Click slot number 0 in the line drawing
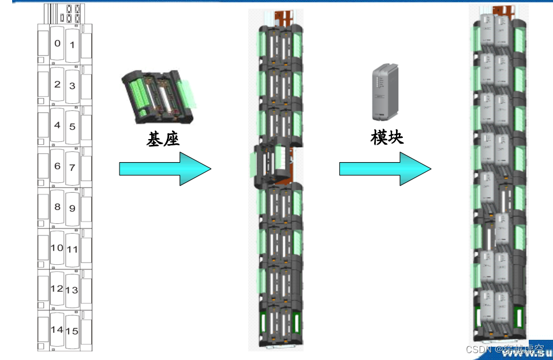(x=57, y=43)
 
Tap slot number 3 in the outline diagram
(x=72, y=86)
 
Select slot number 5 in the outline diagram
(x=72, y=126)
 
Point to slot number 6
(x=57, y=166)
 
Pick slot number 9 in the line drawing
(x=72, y=208)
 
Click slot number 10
(x=57, y=248)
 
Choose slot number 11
(x=72, y=250)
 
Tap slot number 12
(x=57, y=288)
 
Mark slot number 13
(x=72, y=290)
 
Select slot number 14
(x=57, y=329)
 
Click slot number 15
(x=72, y=331)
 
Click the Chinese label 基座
(x=163, y=138)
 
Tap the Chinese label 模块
(x=387, y=137)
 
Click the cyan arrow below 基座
(x=165, y=168)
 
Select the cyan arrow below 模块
(x=385, y=168)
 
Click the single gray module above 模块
(x=384, y=91)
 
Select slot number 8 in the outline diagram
(x=57, y=207)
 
